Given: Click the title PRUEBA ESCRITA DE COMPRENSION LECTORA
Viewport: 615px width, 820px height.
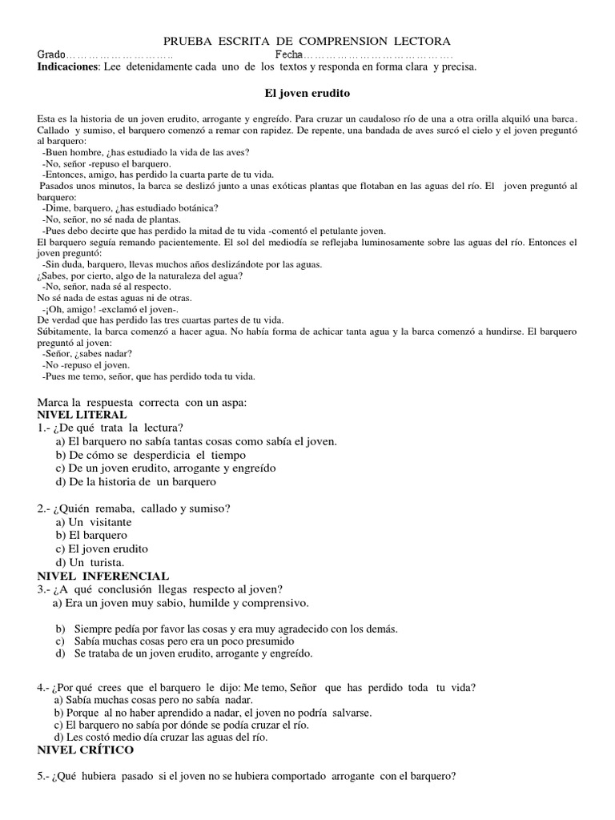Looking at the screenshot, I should [307, 40].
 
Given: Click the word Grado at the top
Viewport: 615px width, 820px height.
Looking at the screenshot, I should [52, 54].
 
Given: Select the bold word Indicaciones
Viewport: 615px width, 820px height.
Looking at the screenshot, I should [67, 67].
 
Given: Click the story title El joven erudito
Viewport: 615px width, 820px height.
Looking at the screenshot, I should [307, 94].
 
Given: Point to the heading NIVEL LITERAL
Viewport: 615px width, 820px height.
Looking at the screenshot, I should [82, 415].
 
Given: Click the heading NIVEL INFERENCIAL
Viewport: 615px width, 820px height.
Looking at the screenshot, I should [103, 576].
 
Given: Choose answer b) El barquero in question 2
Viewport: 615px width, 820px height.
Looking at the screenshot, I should [91, 535].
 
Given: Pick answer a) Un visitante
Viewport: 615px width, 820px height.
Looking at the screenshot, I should [93, 521].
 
